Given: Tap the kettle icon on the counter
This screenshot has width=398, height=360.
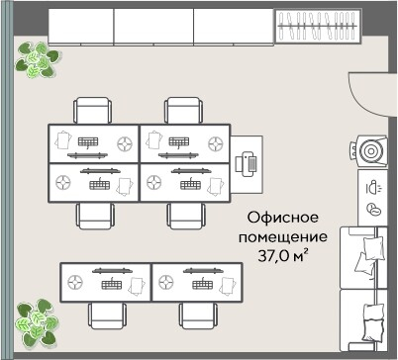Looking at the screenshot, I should click(373, 186).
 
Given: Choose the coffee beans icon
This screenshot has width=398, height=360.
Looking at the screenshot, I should click(373, 209).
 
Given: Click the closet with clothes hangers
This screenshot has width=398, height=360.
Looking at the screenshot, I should click(314, 25).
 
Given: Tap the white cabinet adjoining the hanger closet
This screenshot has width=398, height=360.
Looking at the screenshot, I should click(232, 25).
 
